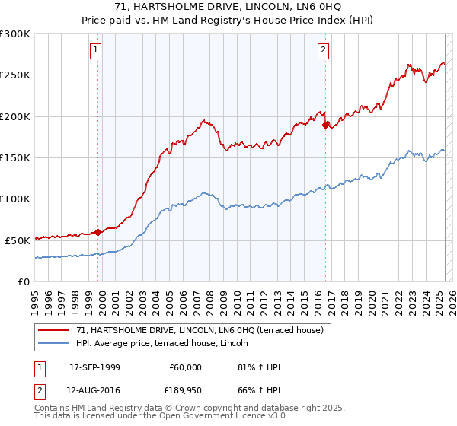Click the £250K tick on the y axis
click(x=15, y=75)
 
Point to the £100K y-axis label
click(x=15, y=199)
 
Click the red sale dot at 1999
click(x=98, y=232)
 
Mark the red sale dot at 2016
click(x=326, y=125)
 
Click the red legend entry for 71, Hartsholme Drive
click(x=200, y=330)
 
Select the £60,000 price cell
click(x=185, y=367)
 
